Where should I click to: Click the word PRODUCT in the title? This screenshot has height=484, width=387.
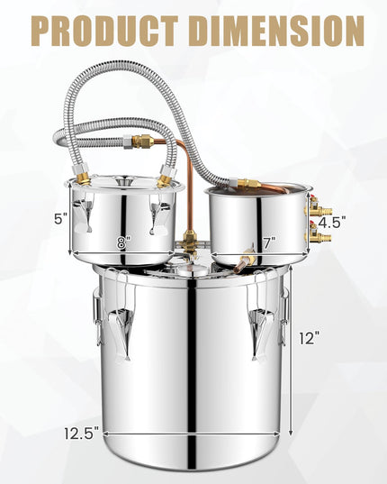click(x=104, y=31)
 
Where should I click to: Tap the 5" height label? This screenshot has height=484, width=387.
click(x=60, y=219)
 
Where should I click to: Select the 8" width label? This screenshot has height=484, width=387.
click(x=123, y=242)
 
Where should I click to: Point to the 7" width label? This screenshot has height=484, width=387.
click(x=269, y=243)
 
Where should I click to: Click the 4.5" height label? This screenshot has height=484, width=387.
click(x=331, y=223)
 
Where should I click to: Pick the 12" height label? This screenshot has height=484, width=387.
click(x=310, y=338)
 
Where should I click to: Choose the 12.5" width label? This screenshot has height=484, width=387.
click(x=82, y=433)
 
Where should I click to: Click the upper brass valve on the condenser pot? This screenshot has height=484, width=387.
click(x=318, y=207)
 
